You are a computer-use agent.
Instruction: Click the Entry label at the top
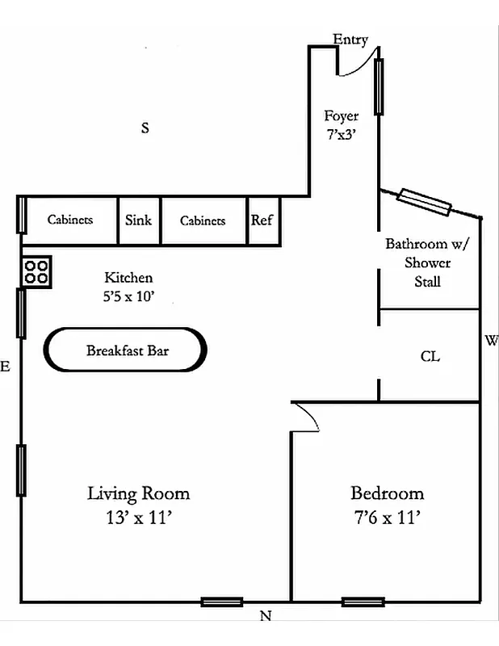350,39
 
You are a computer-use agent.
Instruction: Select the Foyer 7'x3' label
342,126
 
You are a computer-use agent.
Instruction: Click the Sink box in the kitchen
139,220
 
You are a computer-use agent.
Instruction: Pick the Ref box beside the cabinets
262,220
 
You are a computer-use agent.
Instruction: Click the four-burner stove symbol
36,271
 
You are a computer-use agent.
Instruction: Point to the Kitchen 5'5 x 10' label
128,287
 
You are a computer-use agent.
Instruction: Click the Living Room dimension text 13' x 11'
138,518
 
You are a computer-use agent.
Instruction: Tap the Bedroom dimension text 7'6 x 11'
386,518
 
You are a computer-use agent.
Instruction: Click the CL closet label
430,356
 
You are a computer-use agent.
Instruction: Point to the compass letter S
145,128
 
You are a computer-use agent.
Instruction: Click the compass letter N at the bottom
265,618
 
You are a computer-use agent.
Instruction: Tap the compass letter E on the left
6,367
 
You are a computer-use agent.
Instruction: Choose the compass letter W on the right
491,340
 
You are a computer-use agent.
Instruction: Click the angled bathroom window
423,202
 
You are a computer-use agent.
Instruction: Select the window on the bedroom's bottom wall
363,602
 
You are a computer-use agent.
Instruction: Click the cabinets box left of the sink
69,220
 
